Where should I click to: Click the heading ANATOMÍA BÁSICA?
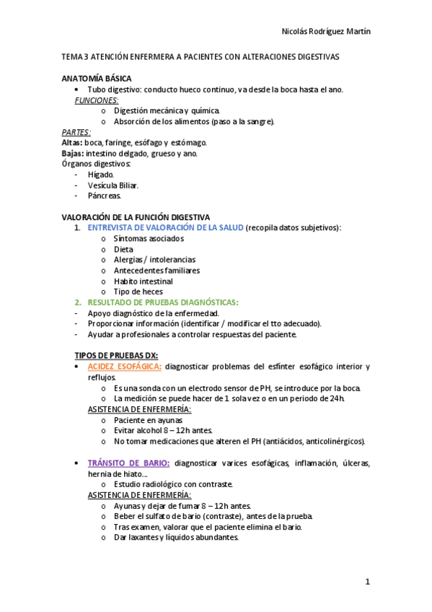tap(96, 78)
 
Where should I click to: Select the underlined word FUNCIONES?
tap(97, 100)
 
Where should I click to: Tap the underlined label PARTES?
tap(76, 132)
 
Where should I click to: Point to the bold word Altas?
tap(72, 143)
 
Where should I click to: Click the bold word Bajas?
tap(72, 154)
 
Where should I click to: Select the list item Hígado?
tap(100, 175)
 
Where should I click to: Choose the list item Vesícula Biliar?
tap(113, 185)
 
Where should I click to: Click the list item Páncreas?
tap(104, 196)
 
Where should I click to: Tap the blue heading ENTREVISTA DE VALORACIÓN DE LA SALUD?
tap(165, 228)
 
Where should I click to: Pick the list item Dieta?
tap(123, 249)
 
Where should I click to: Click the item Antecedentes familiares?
tap(157, 270)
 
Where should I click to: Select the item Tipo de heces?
tap(138, 292)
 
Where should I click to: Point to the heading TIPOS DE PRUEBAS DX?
tap(116, 355)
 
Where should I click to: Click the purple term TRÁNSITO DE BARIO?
tap(128, 463)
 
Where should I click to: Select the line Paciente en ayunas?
tap(148, 419)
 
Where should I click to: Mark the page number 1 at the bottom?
tap(367, 582)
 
